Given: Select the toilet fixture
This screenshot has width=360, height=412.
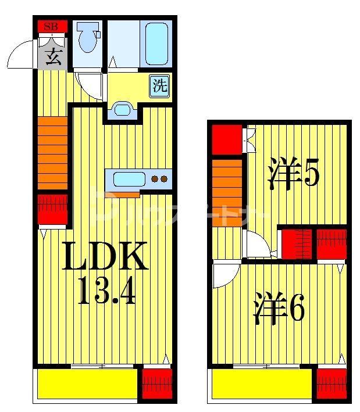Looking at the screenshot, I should pyautogui.click(x=88, y=38).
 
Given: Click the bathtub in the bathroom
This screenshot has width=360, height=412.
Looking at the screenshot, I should pyautogui.click(x=156, y=44).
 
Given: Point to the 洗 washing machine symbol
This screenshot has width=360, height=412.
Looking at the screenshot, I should pyautogui.click(x=160, y=86).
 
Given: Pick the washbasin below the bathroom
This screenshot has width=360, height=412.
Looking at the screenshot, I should pyautogui.click(x=122, y=109).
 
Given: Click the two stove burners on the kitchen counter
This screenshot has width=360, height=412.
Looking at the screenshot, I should pyautogui.click(x=159, y=179).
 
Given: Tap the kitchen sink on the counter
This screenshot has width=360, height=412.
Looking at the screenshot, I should pyautogui.click(x=129, y=179).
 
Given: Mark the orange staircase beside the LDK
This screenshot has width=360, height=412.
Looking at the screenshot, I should pyautogui.click(x=53, y=154).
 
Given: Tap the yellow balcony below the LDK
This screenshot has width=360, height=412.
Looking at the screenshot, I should pyautogui.click(x=87, y=384).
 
